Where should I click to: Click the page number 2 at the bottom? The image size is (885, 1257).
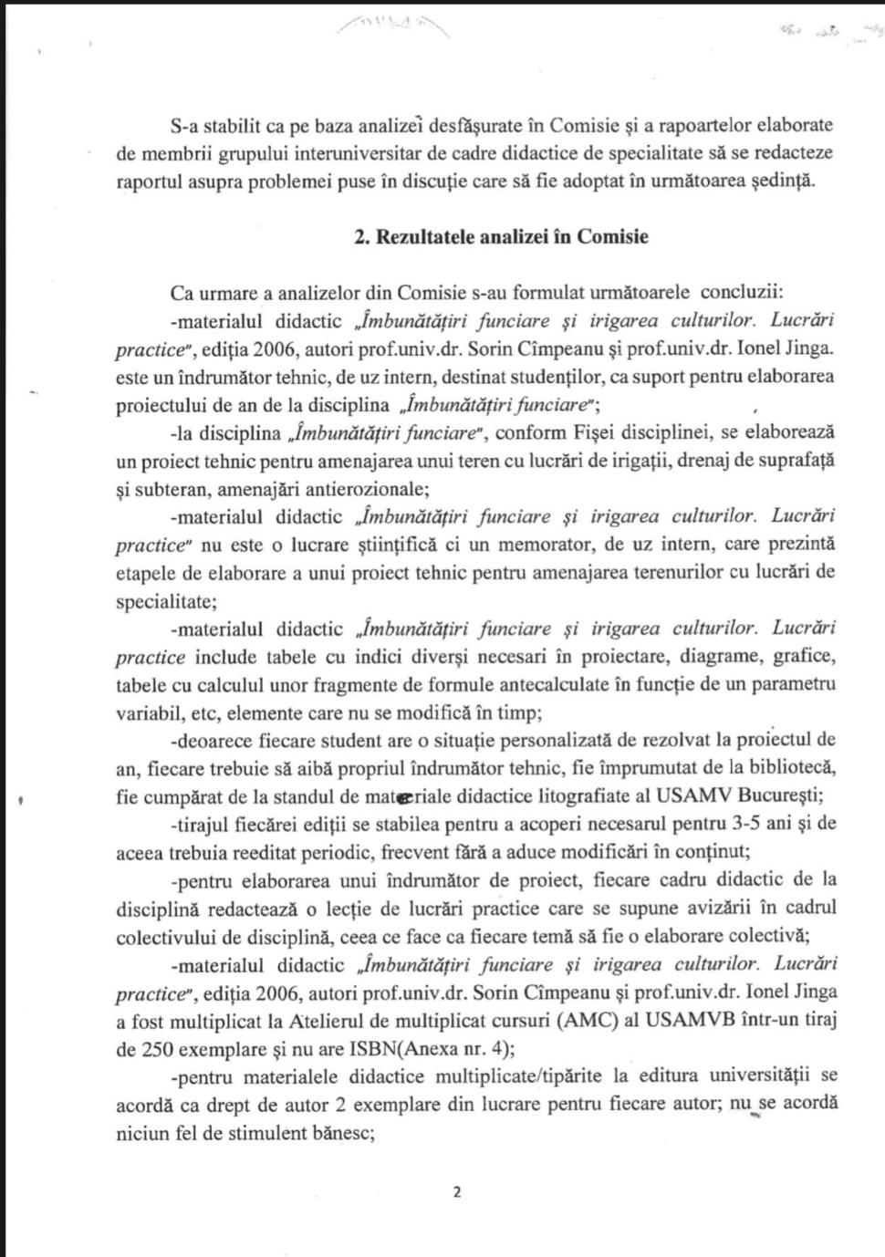[457, 1191]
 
